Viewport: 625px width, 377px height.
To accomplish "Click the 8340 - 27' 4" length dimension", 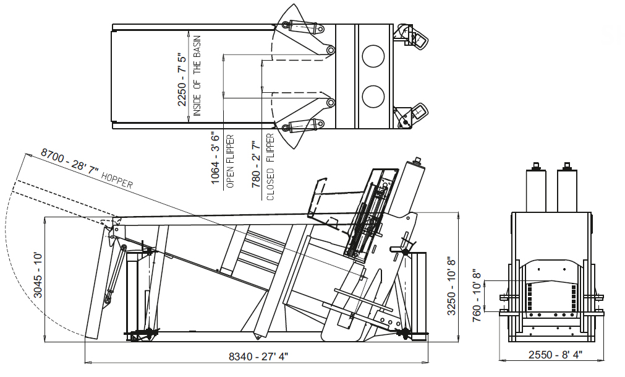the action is (x=258, y=356).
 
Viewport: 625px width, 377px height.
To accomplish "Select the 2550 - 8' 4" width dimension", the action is (x=555, y=354).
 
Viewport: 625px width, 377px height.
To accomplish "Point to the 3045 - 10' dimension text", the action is (x=38, y=275).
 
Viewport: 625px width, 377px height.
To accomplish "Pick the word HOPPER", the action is (x=117, y=180).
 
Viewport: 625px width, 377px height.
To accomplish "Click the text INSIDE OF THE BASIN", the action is (x=197, y=76).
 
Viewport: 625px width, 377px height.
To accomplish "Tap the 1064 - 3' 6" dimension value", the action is (x=215, y=158).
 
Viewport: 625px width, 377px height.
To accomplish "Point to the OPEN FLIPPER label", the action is (x=230, y=162).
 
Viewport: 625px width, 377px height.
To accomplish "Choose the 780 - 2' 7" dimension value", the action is (x=256, y=164).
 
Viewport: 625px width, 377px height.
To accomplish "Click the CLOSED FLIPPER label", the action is (x=271, y=167).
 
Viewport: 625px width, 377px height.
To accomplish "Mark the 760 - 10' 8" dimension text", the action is (x=477, y=297).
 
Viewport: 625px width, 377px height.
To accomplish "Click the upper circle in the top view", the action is (x=373, y=56).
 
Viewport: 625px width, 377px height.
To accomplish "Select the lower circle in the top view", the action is (x=373, y=96).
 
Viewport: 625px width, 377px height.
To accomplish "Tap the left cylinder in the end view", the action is (x=536, y=188).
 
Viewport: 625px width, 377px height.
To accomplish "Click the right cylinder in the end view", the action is (x=567, y=188).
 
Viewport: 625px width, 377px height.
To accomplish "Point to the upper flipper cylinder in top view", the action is (x=304, y=27).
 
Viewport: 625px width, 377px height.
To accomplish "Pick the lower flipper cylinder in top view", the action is (x=304, y=126).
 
